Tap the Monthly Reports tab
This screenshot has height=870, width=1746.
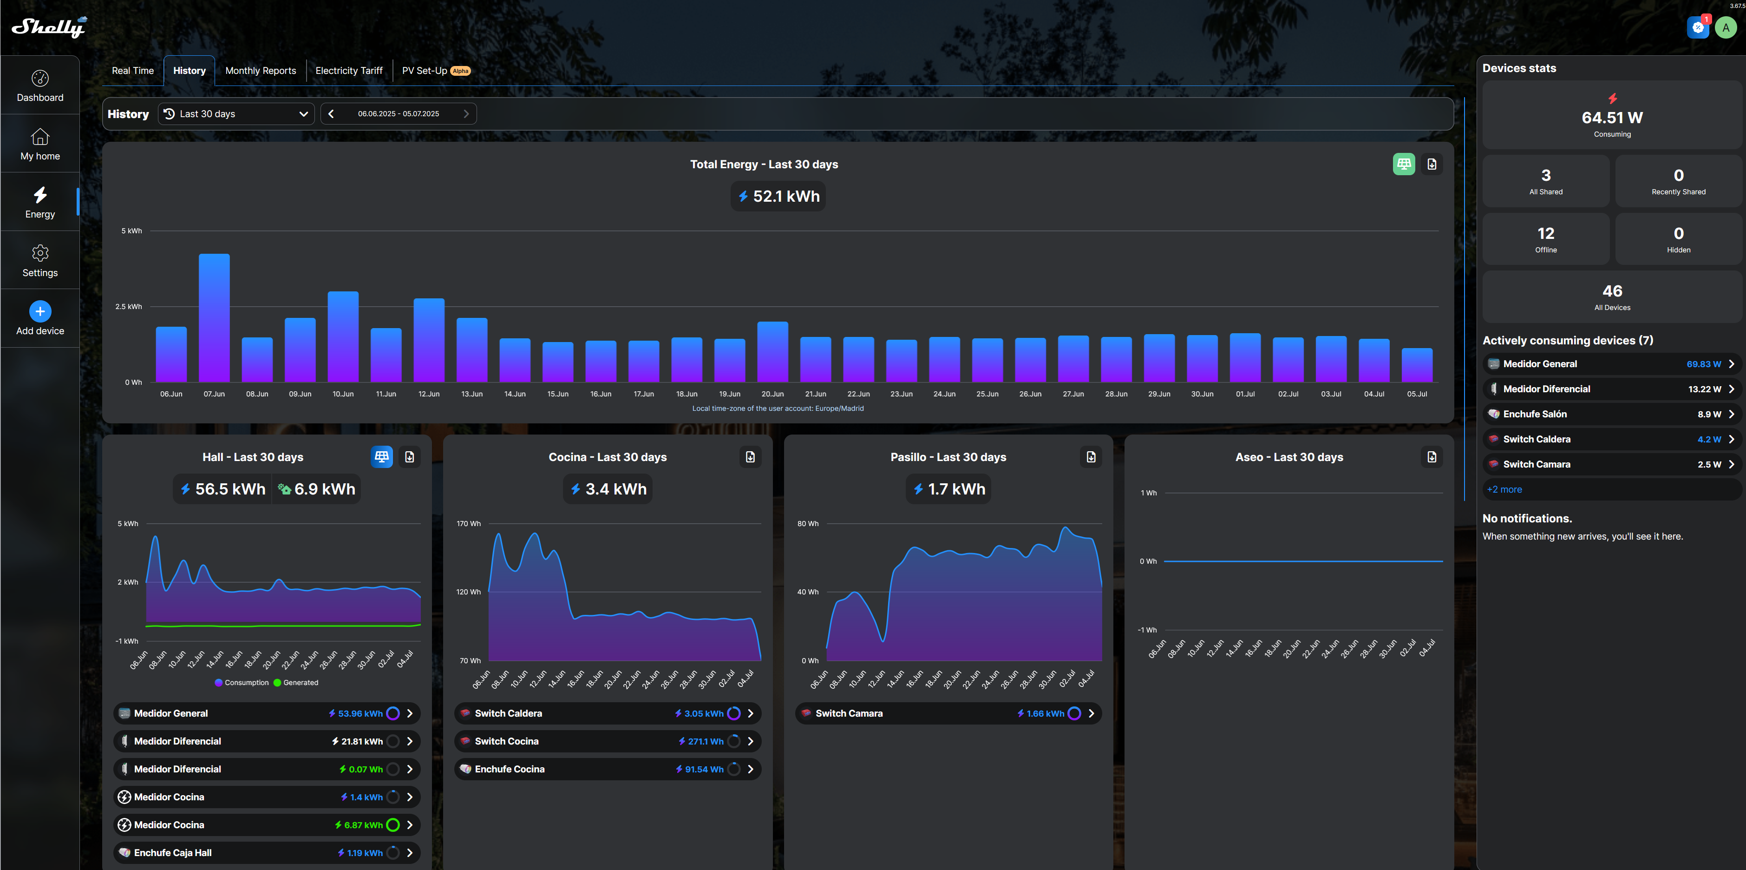click(260, 71)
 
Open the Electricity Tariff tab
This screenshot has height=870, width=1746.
click(348, 71)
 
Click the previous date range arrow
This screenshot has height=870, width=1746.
click(331, 114)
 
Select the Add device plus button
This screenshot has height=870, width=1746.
click(40, 311)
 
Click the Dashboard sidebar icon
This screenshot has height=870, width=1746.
click(40, 86)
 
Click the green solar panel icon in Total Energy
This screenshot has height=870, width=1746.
click(1403, 164)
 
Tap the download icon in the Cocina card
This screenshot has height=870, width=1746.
click(750, 457)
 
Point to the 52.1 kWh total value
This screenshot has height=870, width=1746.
click(778, 197)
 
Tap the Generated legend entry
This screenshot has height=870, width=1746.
click(296, 683)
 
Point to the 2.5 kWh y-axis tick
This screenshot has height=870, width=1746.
click(128, 307)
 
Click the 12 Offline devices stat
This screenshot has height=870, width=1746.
click(1545, 239)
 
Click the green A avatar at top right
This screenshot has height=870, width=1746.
click(1725, 28)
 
